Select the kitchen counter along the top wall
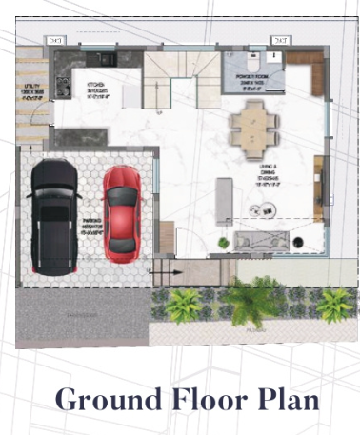click(95, 59)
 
